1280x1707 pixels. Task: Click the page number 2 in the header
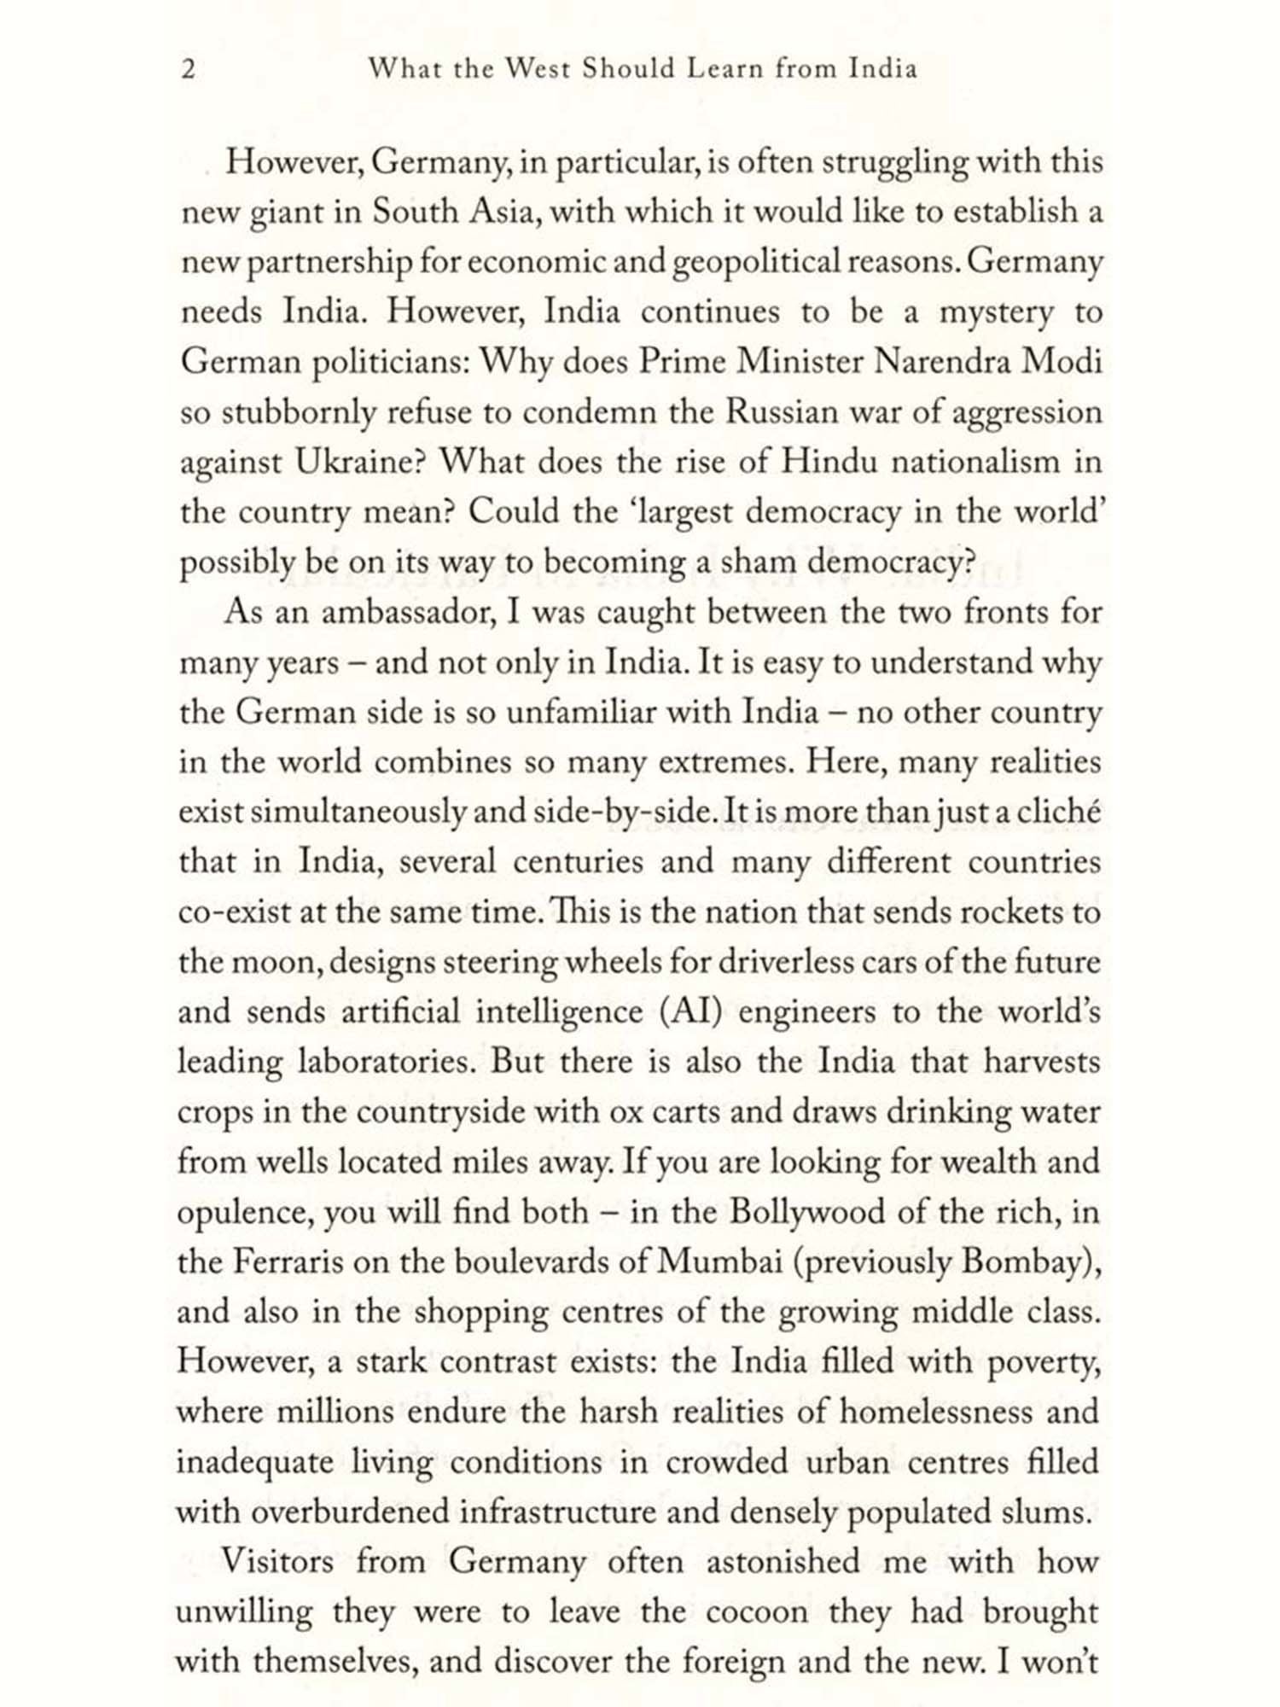click(x=189, y=69)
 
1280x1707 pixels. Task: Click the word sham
click(x=759, y=562)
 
